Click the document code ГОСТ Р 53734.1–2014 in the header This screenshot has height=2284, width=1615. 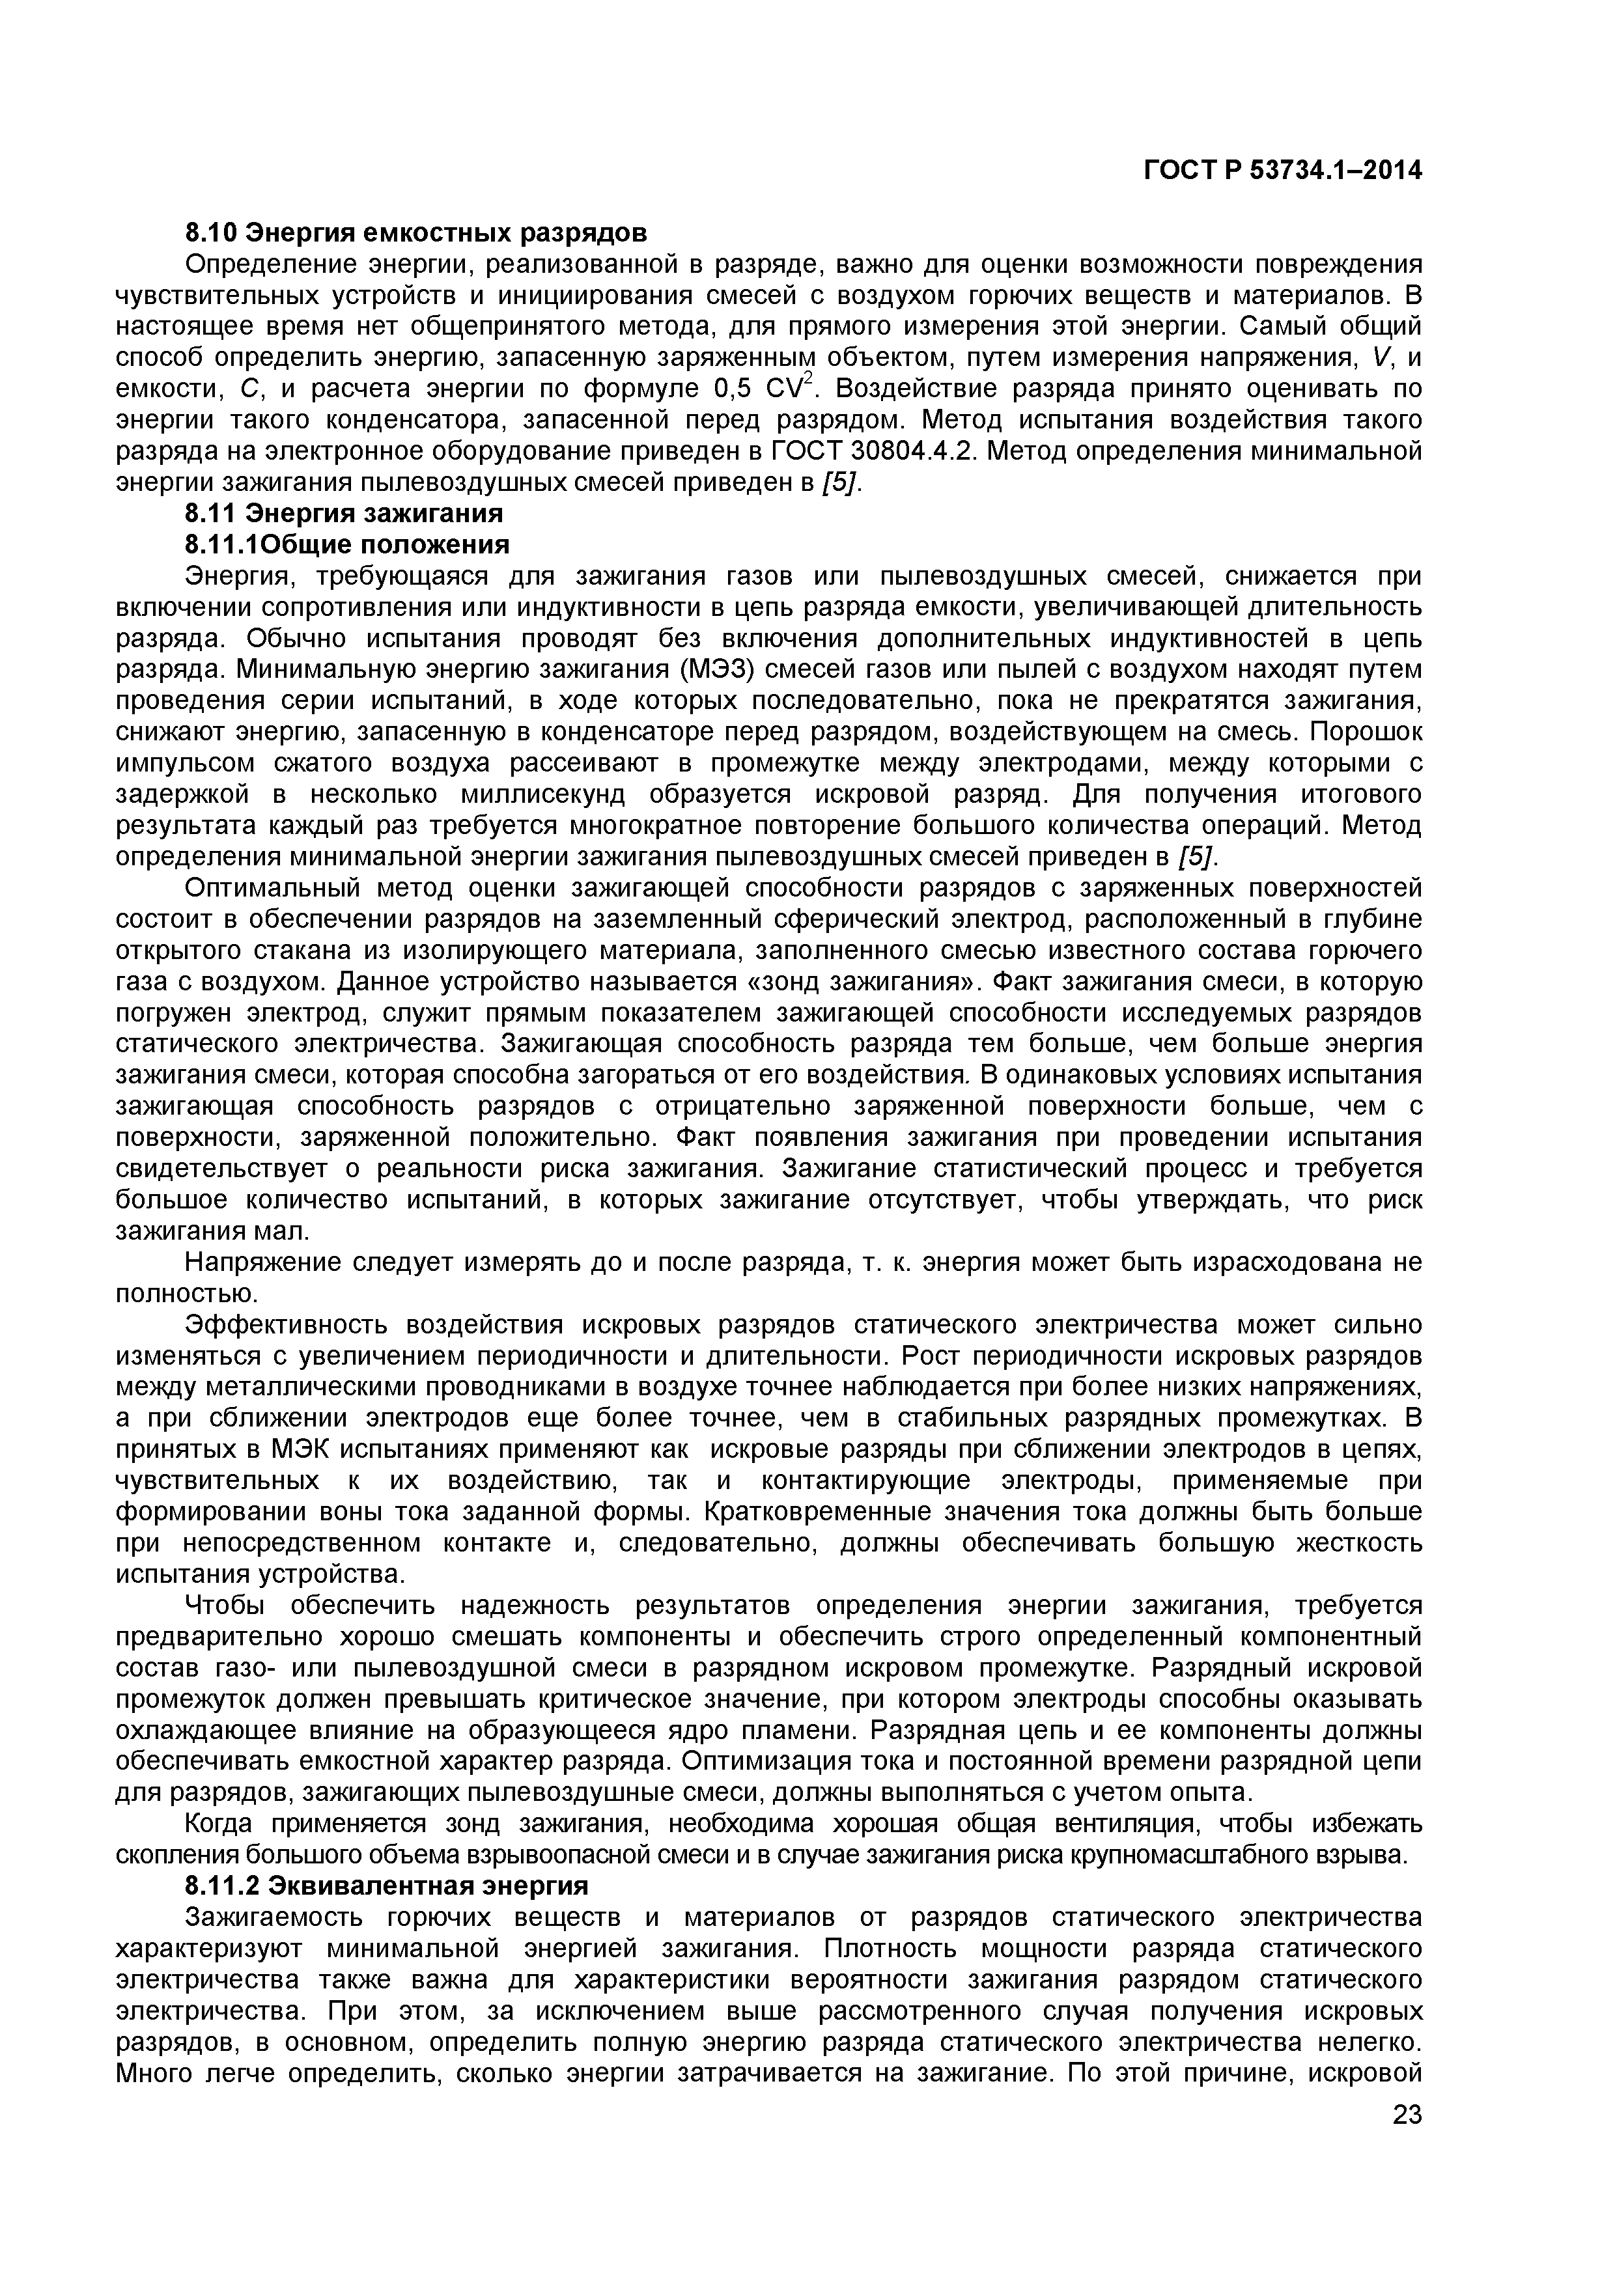(x=1283, y=171)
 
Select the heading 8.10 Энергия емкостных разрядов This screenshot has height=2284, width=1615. (x=416, y=233)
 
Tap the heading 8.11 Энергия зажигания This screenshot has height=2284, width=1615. (x=344, y=513)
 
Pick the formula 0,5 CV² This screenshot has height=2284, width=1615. (x=766, y=388)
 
